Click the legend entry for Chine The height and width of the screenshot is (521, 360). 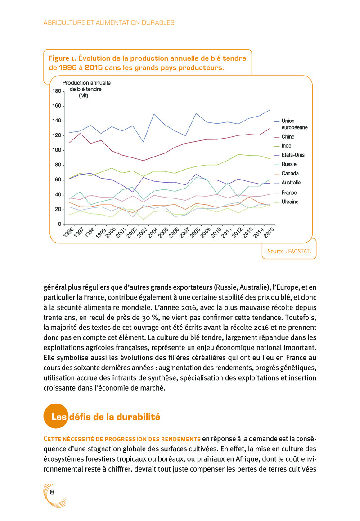[x=288, y=136]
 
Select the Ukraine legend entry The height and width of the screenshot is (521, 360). [x=290, y=202]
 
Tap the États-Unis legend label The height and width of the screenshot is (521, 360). [x=293, y=155]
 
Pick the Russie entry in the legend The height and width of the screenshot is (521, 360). [x=289, y=164]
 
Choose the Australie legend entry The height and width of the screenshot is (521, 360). [x=291, y=183]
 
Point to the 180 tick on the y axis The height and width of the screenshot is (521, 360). [x=57, y=91]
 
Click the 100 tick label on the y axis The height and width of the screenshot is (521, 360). [x=57, y=150]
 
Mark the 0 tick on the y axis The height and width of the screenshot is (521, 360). [x=59, y=224]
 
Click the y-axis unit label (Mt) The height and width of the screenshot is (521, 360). [x=83, y=95]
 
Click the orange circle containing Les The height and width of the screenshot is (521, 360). [x=56, y=417]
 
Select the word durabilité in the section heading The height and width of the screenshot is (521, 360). [x=137, y=417]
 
